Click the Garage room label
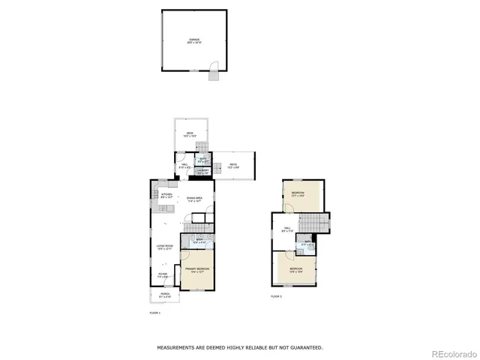click(x=195, y=41)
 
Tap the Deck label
click(x=190, y=135)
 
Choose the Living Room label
click(x=165, y=247)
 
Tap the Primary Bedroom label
click(x=196, y=269)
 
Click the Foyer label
click(x=162, y=275)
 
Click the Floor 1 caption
click(x=155, y=312)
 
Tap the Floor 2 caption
click(x=277, y=297)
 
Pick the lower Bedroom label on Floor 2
click(x=295, y=269)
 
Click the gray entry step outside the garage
click(x=213, y=75)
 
